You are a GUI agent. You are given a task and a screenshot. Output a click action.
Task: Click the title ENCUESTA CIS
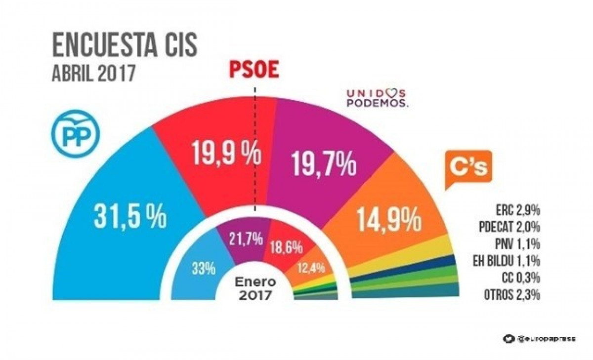(125, 45)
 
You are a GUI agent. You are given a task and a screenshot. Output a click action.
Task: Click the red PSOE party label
(253, 69)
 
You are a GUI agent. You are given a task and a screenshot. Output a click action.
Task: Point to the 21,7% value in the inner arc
(245, 240)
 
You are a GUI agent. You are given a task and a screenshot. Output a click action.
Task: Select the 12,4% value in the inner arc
(311, 268)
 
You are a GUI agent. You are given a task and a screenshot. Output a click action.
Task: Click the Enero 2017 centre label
(254, 290)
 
